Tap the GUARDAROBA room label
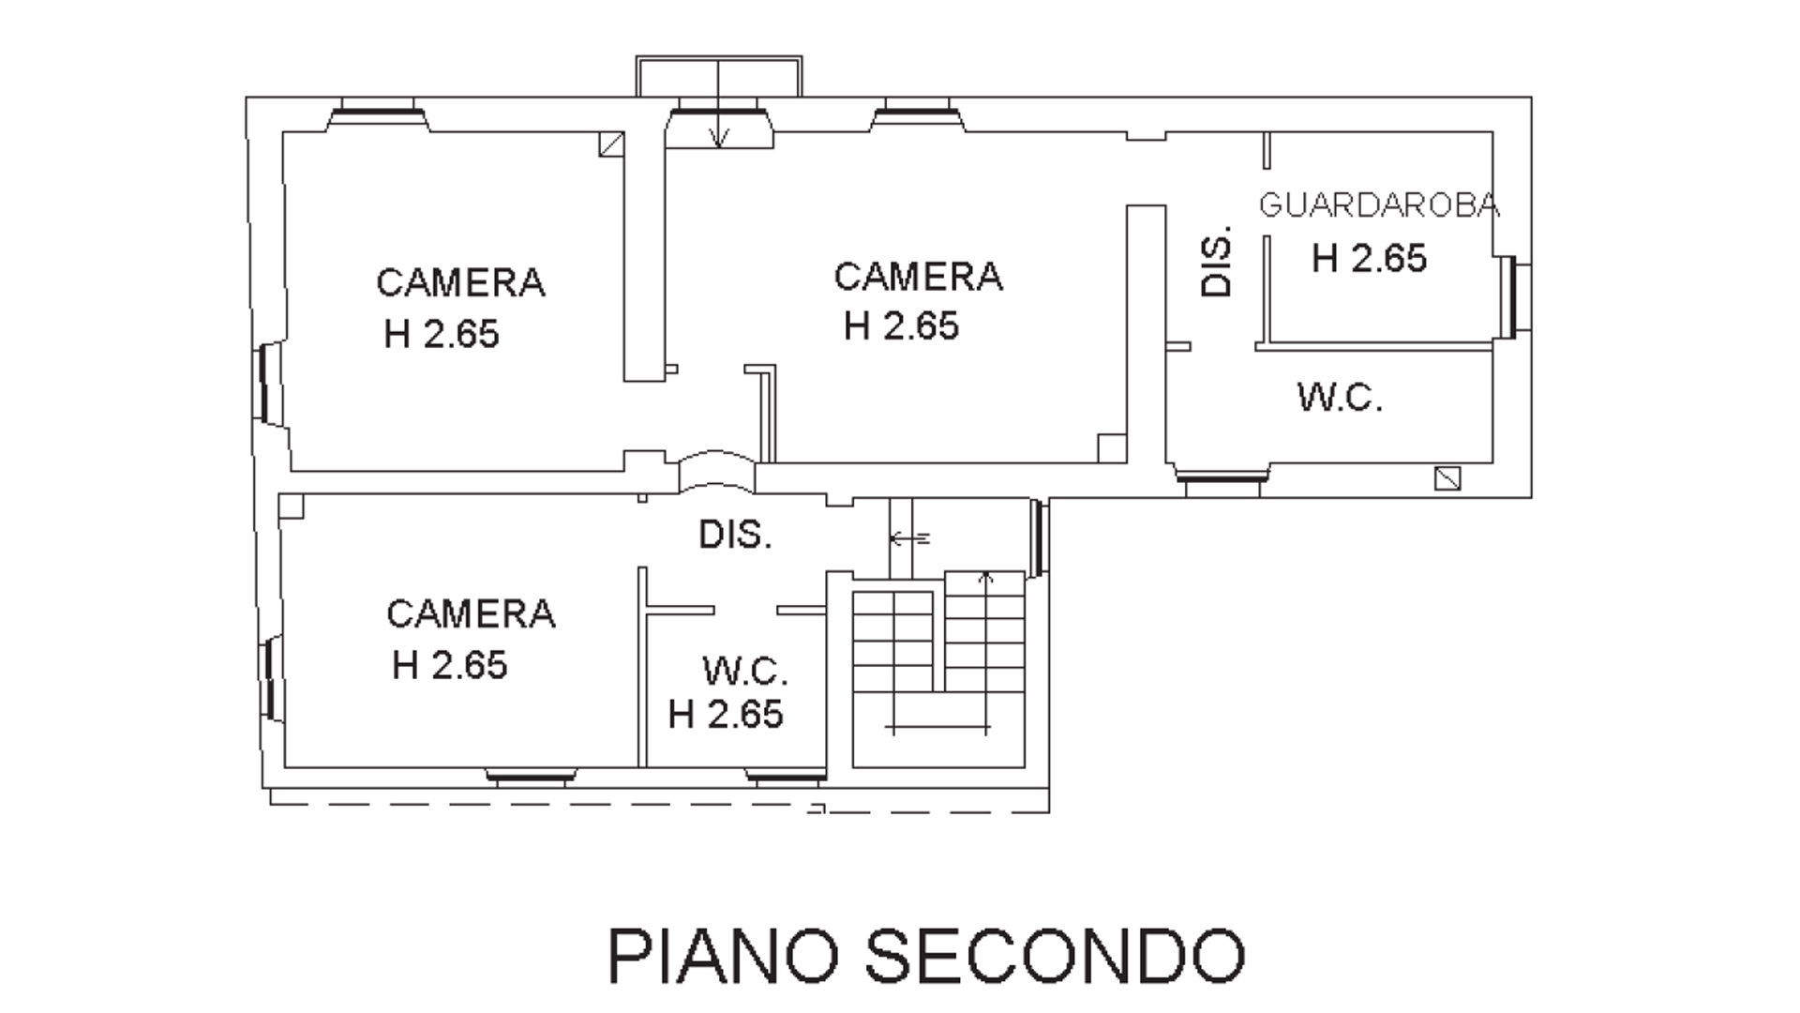tap(1378, 205)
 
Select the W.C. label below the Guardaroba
tap(1340, 398)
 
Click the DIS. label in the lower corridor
tap(735, 535)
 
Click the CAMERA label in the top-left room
tap(460, 282)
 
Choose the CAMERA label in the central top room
tap(918, 277)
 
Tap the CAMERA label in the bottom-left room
tap(471, 614)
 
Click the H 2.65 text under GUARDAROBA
tap(1369, 258)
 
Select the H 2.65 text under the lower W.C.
tap(726, 715)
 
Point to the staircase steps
tap(938, 651)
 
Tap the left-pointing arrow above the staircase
tap(909, 538)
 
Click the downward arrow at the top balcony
tap(718, 103)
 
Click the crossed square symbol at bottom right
tap(1447, 478)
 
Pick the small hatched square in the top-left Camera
tap(612, 144)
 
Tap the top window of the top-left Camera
tap(377, 113)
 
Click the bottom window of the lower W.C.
tap(786, 775)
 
